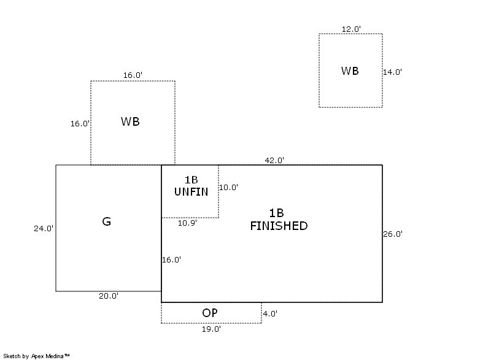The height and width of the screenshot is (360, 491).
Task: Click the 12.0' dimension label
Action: (351, 29)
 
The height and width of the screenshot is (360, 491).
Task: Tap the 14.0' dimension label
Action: (392, 72)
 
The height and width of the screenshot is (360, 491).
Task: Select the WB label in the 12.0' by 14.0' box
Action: (350, 71)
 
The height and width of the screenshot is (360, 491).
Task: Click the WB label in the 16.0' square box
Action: (130, 121)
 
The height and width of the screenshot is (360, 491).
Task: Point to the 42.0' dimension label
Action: (274, 160)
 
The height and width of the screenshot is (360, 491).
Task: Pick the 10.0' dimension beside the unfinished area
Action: (228, 188)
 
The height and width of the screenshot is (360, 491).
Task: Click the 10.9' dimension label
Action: (187, 223)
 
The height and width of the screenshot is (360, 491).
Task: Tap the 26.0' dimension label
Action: (392, 234)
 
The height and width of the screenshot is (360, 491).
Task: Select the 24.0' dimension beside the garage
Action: (44, 228)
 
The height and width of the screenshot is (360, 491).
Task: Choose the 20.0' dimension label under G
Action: (109, 296)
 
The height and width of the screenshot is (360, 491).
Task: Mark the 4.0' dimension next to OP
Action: (270, 313)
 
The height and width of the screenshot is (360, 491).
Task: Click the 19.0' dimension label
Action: (211, 329)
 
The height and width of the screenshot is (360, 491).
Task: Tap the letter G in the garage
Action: (106, 221)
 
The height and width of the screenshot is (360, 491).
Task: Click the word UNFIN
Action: (191, 192)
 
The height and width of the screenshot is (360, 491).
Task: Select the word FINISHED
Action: (278, 226)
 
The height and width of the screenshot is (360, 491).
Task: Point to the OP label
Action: (210, 313)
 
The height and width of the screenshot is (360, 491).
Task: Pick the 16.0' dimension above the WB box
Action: (133, 75)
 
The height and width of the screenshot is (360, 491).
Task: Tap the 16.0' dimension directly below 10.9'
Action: (171, 259)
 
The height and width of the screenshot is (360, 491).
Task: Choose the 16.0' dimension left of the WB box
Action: (80, 123)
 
